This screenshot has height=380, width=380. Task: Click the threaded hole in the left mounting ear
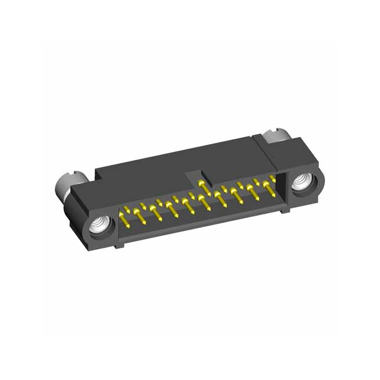[97, 224]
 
